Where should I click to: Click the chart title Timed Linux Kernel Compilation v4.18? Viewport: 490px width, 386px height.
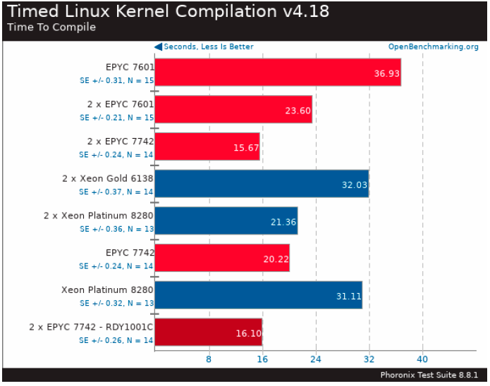pos(168,11)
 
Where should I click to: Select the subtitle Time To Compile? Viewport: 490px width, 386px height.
pos(51,27)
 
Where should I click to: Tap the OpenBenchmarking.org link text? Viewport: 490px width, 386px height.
pos(433,47)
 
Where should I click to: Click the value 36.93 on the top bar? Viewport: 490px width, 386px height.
pos(385,73)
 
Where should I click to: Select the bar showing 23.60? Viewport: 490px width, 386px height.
pos(233,109)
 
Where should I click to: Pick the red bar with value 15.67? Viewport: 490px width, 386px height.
pos(207,147)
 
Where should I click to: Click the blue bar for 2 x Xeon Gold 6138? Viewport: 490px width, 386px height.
pos(261,183)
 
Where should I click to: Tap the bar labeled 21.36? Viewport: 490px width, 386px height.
pos(226,220)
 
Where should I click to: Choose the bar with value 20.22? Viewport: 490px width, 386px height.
pos(221,258)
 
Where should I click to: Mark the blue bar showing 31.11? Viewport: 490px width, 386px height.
pos(258,295)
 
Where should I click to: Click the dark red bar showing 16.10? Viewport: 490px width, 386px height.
pos(208,332)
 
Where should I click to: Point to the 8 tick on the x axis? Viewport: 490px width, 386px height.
pos(209,359)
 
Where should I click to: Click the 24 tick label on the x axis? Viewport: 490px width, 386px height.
pos(315,359)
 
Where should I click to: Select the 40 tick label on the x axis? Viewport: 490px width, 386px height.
pos(422,359)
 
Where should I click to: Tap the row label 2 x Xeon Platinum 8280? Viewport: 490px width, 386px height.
pos(98,216)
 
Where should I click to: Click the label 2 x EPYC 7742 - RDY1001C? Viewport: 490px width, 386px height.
pos(91,328)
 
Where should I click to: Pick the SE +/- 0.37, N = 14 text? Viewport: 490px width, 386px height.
pos(116,192)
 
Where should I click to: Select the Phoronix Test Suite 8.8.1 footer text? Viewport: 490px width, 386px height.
pos(429,375)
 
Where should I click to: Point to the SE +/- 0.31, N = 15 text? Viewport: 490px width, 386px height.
pos(116,80)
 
